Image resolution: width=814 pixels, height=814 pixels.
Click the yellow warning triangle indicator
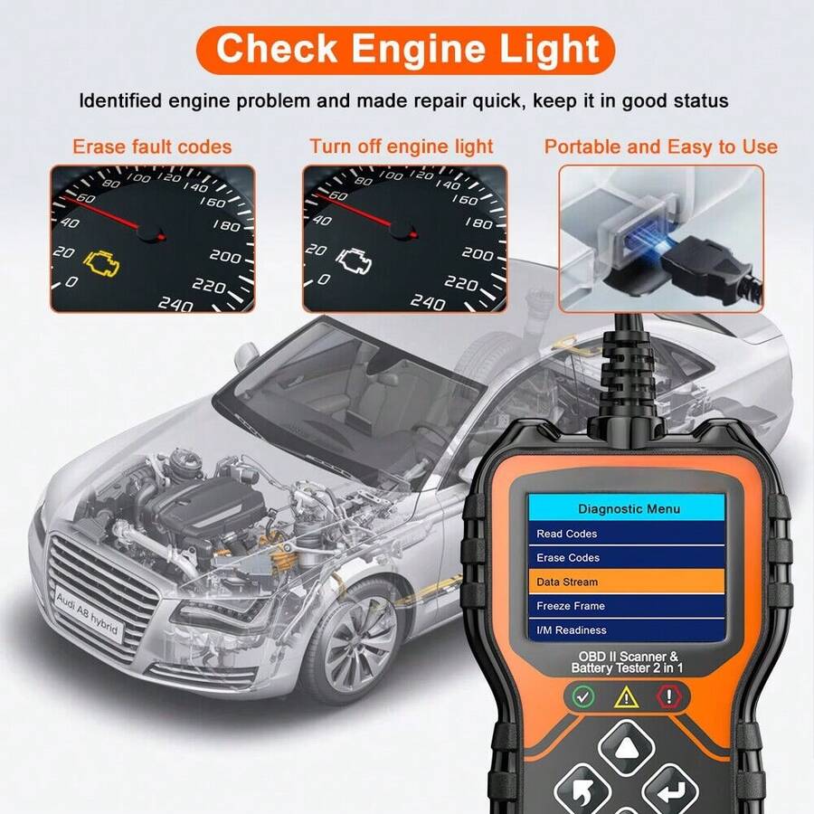[x=627, y=696]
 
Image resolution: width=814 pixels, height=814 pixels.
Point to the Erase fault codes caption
[x=152, y=147]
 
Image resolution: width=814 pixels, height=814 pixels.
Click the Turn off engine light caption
[x=402, y=147]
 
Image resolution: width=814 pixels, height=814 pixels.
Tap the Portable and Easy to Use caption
[x=660, y=147]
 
